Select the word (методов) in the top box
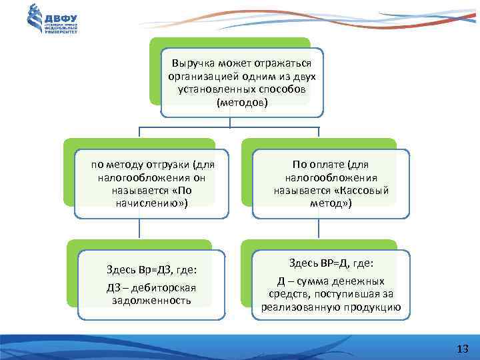point(242,103)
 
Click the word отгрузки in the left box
point(163,165)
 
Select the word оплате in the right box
point(333,165)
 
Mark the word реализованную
point(298,307)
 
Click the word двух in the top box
point(303,77)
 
